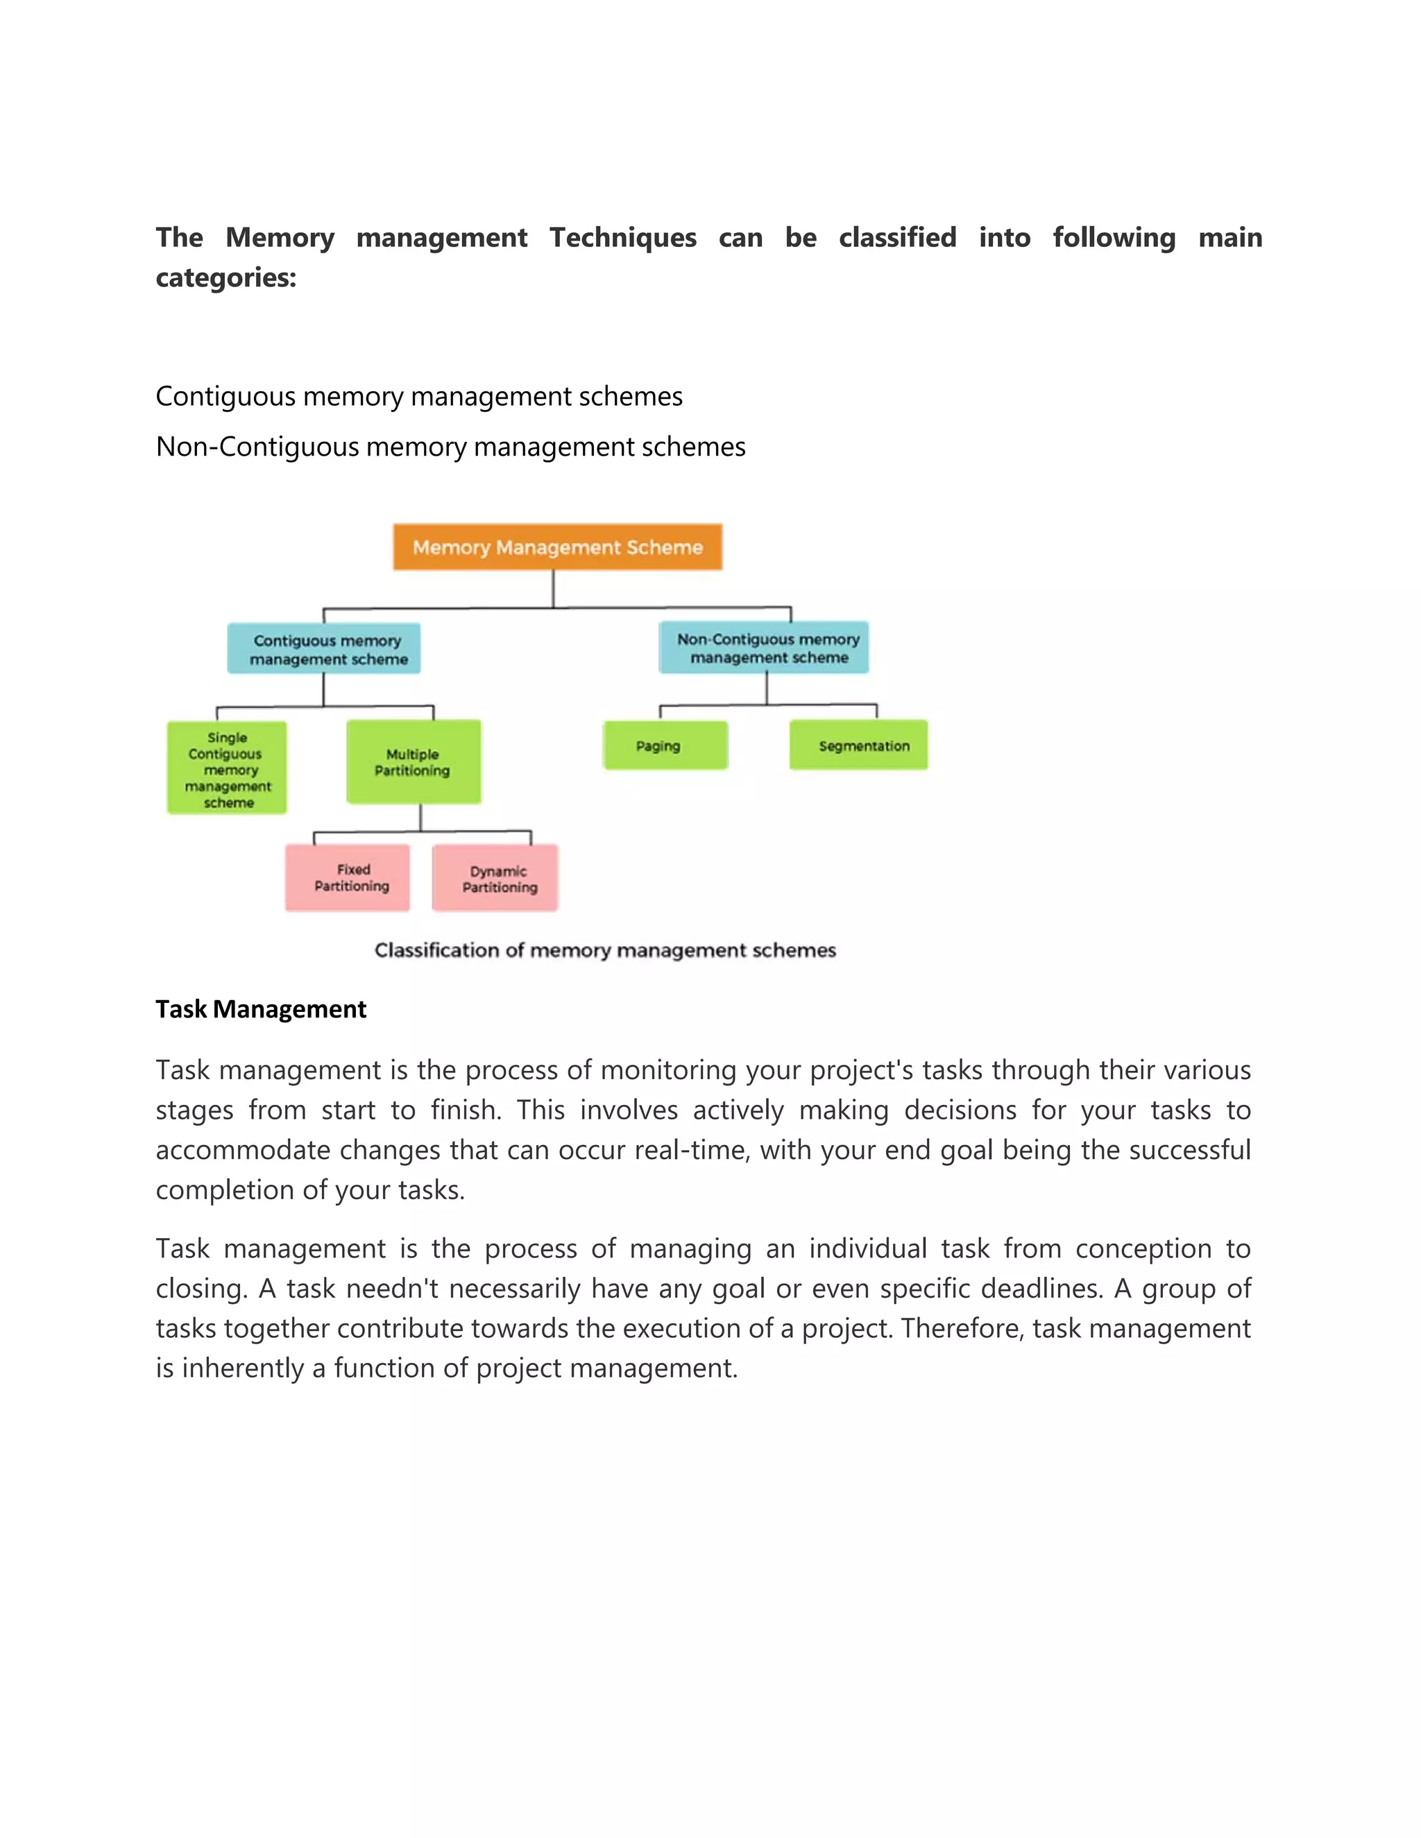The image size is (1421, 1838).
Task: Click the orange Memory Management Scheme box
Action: pyautogui.click(x=557, y=547)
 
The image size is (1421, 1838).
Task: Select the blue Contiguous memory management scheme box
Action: pyautogui.click(x=324, y=649)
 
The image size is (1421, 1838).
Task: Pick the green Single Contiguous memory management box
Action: pyautogui.click(x=228, y=768)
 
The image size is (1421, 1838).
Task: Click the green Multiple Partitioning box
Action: pyautogui.click(x=414, y=762)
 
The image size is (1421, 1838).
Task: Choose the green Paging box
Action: pyautogui.click(x=665, y=746)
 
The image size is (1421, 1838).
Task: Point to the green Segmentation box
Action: pyautogui.click(x=859, y=746)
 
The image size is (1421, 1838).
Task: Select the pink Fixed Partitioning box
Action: pyautogui.click(x=348, y=878)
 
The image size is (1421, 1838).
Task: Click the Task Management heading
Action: pyautogui.click(x=261, y=1009)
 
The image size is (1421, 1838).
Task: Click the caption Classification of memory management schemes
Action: pyautogui.click(x=604, y=950)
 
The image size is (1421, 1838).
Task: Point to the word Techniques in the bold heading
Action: pyautogui.click(x=623, y=238)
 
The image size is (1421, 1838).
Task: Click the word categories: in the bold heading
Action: pyautogui.click(x=226, y=277)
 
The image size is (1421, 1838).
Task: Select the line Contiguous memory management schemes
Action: pyautogui.click(x=418, y=396)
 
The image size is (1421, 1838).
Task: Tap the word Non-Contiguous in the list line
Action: pyautogui.click(x=257, y=447)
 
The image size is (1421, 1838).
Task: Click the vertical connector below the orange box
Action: pyautogui.click(x=553, y=588)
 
